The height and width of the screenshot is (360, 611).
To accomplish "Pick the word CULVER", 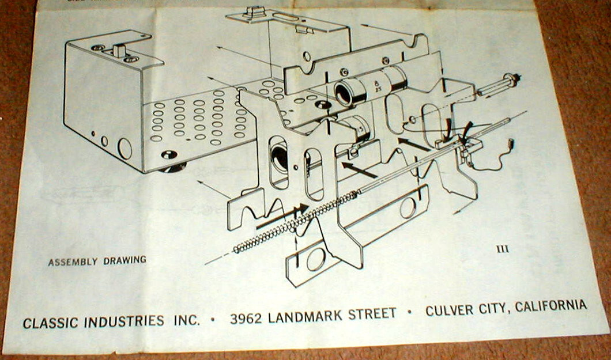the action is click(448, 310).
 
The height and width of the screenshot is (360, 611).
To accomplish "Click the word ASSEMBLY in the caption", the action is click(73, 262).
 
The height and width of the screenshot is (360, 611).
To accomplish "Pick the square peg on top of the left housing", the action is click(119, 50).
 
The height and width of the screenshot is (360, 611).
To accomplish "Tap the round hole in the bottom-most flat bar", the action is click(315, 260).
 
